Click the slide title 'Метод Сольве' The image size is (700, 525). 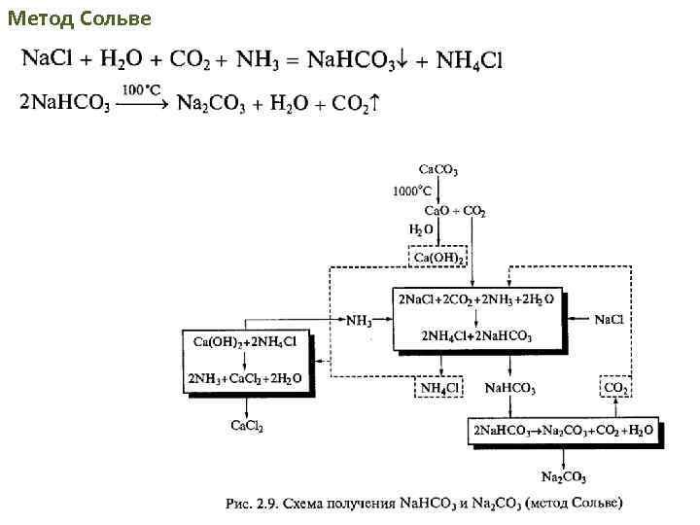point(79,17)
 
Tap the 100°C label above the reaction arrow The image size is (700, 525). point(140,89)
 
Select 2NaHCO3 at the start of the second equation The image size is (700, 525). point(64,104)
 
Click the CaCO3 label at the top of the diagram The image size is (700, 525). point(438,170)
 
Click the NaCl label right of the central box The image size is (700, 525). point(609,319)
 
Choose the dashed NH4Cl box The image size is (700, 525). point(439,388)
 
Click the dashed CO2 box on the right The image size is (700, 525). point(616,388)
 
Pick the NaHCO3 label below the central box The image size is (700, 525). point(510,388)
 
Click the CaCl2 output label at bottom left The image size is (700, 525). point(246,425)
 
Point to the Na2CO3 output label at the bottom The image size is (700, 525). point(564,476)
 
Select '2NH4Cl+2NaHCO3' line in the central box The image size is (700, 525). point(476,336)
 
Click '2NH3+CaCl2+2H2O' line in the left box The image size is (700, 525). point(247,377)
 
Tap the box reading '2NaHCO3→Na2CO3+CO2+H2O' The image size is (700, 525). point(564,430)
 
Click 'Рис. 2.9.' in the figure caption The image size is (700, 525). point(255,504)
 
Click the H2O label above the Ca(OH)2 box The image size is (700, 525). point(421,230)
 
